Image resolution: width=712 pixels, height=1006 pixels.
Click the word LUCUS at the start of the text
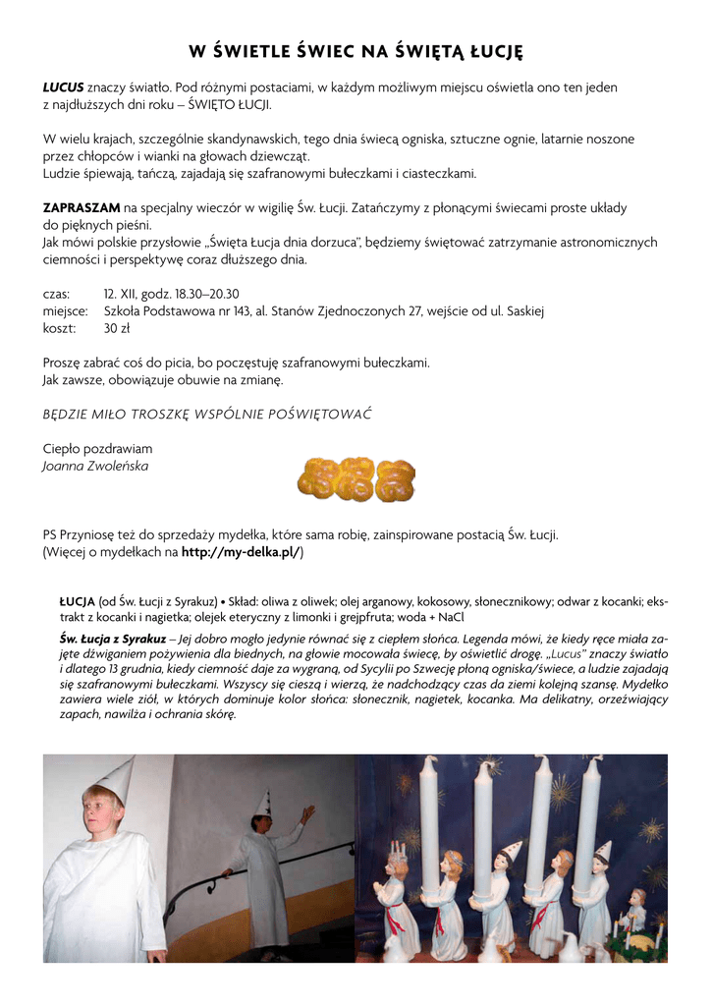tap(63, 87)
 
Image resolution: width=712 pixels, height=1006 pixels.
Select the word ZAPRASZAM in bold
tap(82, 208)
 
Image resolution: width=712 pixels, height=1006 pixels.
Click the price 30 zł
tap(117, 328)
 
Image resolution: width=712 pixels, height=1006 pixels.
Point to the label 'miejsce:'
tap(65, 311)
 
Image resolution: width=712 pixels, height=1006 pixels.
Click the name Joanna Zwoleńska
tap(95, 466)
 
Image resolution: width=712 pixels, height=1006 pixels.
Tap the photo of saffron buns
tap(356, 478)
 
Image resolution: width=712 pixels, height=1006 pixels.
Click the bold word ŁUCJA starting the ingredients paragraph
tap(77, 601)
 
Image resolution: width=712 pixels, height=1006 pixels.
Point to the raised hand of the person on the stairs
tap(307, 812)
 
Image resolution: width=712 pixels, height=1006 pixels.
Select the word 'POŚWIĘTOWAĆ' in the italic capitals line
tap(323, 414)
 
